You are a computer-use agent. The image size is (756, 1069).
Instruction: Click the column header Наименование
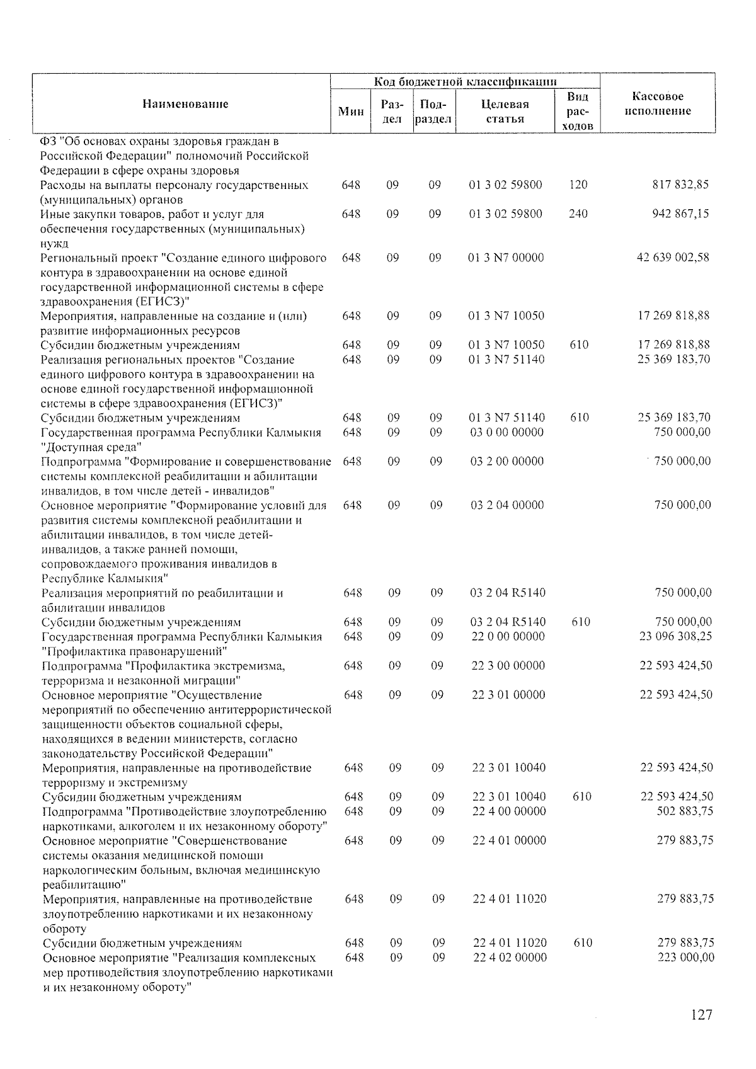click(185, 104)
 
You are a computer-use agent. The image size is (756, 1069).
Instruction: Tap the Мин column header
click(351, 111)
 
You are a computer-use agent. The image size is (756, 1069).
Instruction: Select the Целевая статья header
click(505, 111)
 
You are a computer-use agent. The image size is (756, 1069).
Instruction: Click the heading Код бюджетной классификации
click(466, 82)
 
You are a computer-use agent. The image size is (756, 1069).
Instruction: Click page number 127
click(701, 1015)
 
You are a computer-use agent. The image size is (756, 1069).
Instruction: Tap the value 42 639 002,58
click(673, 258)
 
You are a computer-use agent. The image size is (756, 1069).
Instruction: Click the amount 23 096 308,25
click(675, 636)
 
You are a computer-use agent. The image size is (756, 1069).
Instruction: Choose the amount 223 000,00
click(684, 958)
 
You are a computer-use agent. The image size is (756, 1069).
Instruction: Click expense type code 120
click(578, 185)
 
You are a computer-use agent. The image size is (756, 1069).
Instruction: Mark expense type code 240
click(578, 214)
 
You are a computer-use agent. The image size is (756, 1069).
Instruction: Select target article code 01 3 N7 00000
click(506, 258)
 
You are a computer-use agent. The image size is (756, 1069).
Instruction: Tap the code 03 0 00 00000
click(507, 432)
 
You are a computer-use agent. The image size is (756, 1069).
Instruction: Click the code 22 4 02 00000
click(510, 958)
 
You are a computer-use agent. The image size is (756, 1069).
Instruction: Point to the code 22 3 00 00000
click(508, 666)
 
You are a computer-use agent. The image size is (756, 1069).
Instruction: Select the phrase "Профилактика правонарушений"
click(135, 651)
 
